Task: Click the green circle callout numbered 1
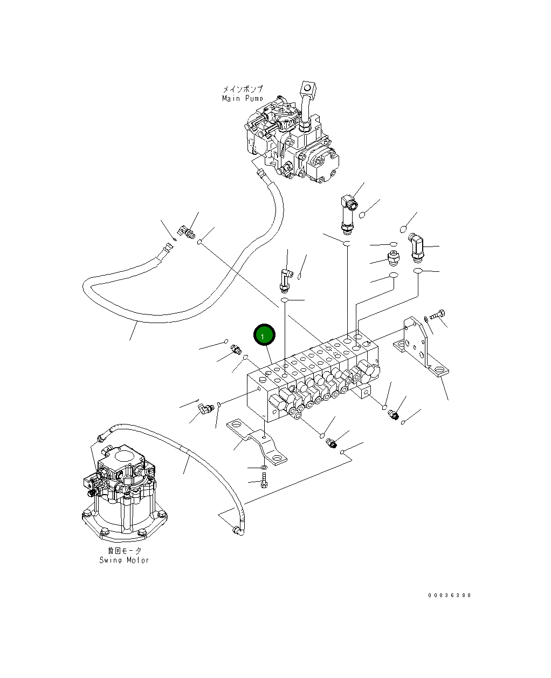264,335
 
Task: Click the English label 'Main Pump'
243,99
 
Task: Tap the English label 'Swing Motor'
124,560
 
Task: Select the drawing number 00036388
450,595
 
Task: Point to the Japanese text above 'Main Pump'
243,90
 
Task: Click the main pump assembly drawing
291,140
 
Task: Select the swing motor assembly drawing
121,491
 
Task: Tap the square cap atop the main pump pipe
308,87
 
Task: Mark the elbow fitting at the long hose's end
189,233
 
